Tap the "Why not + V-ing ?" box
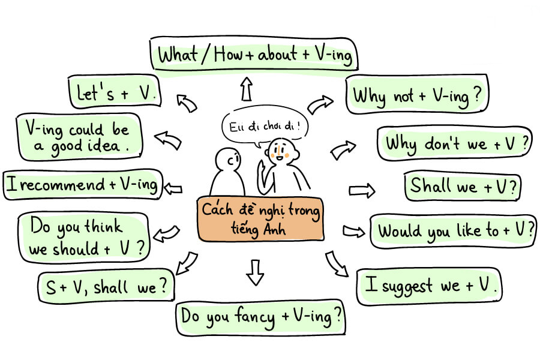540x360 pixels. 418,94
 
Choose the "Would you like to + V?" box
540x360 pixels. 453,231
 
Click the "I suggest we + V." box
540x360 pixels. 430,287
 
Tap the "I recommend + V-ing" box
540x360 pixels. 82,184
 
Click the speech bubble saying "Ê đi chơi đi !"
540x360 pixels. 264,127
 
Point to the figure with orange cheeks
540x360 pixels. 282,165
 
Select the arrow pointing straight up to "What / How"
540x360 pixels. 245,90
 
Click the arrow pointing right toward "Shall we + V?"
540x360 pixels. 362,191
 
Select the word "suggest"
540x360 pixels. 407,287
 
